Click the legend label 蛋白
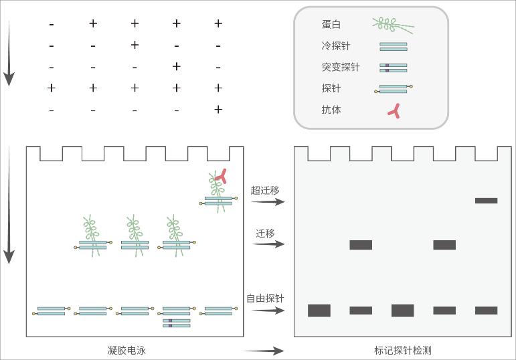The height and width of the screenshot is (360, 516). click(x=331, y=25)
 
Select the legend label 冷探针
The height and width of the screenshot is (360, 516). click(x=335, y=46)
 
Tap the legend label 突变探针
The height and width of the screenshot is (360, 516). click(x=340, y=67)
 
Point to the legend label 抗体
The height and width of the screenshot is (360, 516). click(x=331, y=109)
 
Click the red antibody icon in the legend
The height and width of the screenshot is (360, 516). click(x=394, y=111)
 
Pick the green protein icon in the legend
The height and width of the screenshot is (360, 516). click(x=393, y=25)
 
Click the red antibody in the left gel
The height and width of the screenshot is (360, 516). click(x=221, y=177)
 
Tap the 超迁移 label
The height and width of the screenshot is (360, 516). click(x=265, y=191)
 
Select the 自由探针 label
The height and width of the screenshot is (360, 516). click(x=265, y=298)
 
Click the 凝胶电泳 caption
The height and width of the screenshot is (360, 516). click(x=126, y=350)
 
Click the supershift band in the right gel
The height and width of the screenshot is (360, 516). click(x=486, y=200)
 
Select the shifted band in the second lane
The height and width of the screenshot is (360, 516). click(x=361, y=245)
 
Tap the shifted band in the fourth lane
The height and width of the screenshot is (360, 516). click(x=444, y=245)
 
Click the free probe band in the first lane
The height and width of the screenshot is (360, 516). click(x=319, y=310)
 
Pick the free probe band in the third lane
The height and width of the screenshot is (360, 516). click(x=402, y=310)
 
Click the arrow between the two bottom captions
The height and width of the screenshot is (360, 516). click(x=264, y=351)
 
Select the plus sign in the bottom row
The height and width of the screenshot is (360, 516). click(x=218, y=109)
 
